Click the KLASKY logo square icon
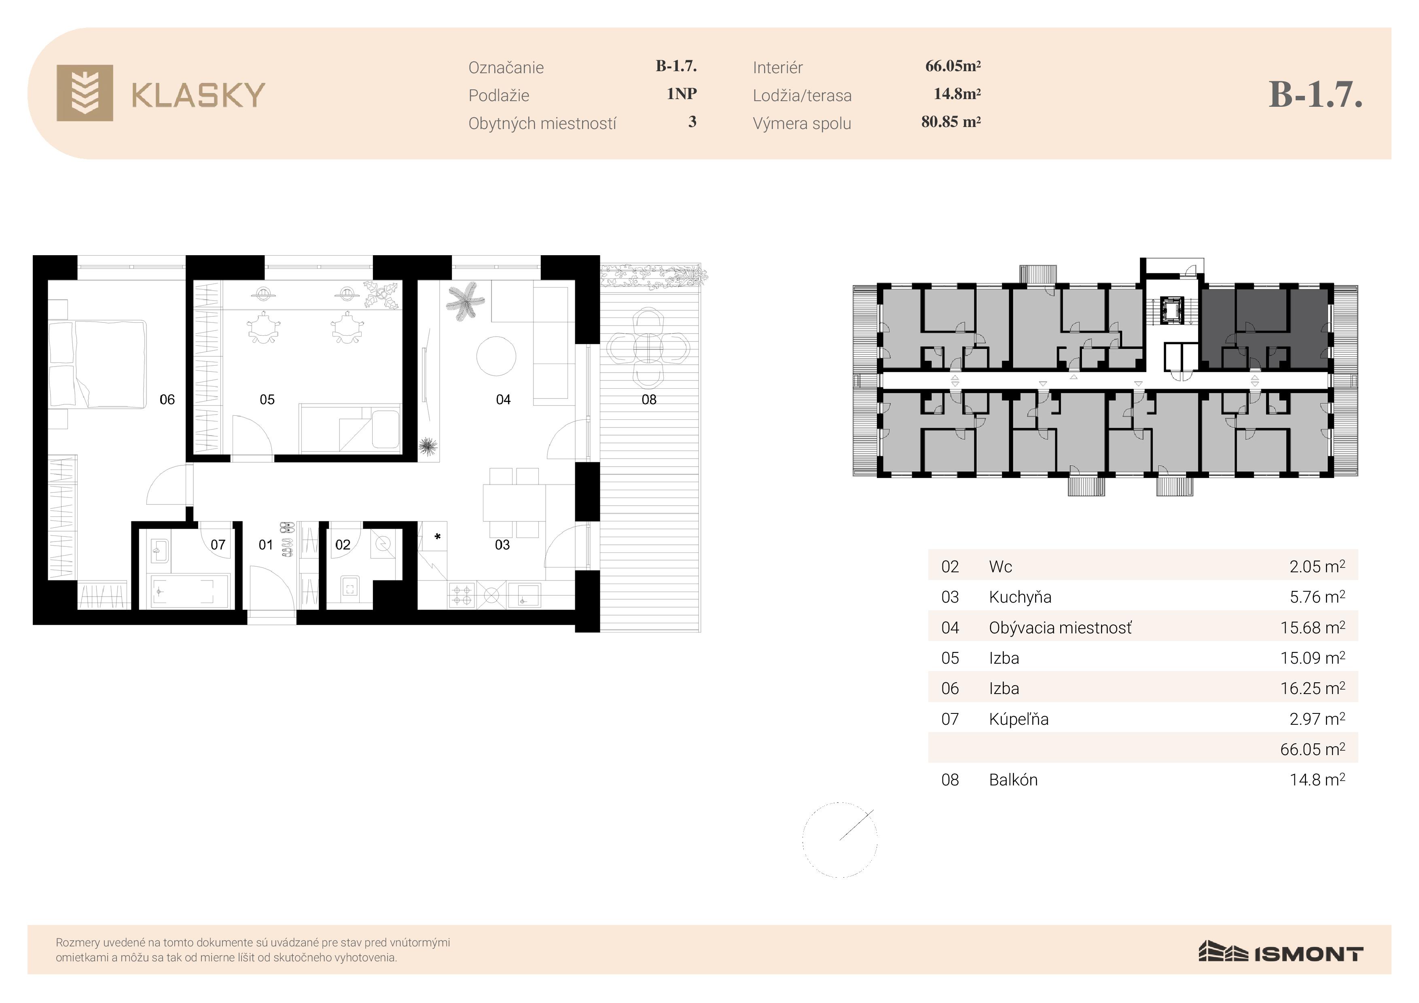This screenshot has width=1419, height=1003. click(x=85, y=93)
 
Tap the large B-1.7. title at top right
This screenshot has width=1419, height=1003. click(x=1315, y=95)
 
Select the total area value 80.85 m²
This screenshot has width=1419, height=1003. click(x=951, y=122)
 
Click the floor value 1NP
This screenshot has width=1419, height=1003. click(x=682, y=94)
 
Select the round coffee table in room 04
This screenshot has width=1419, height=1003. click(x=496, y=355)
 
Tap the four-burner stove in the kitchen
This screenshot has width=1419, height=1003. click(x=462, y=595)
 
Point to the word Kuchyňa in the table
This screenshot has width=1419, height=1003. click(x=1020, y=597)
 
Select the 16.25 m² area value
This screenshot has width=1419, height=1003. click(x=1313, y=688)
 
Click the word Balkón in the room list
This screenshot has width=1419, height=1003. click(x=1013, y=780)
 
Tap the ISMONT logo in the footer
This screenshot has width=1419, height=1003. click(x=1281, y=952)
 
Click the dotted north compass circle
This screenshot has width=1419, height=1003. click(x=840, y=840)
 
